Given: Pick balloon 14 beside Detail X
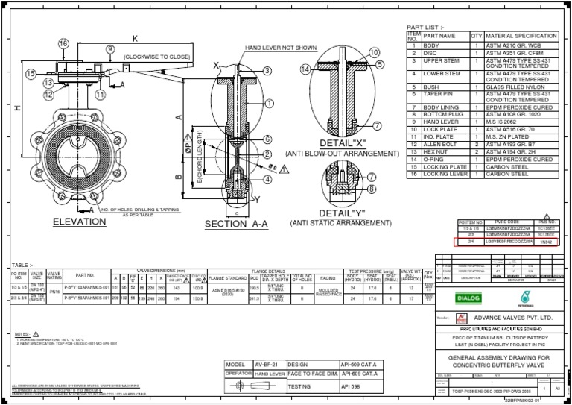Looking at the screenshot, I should click(305, 69).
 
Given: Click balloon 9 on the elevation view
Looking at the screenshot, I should click(109, 49).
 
